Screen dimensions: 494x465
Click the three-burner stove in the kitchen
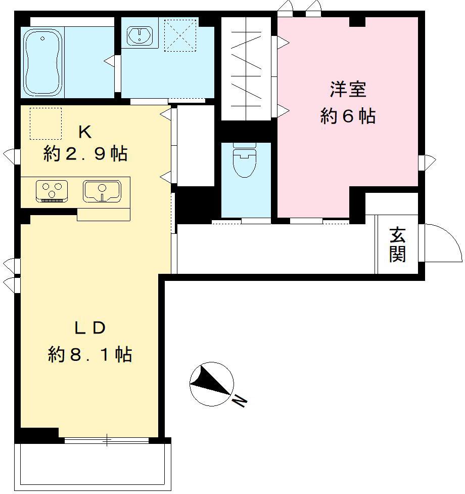pyautogui.click(x=52, y=191)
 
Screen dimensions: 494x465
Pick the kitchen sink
pyautogui.click(x=102, y=191)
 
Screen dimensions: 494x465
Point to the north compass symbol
pyautogui.click(x=211, y=384)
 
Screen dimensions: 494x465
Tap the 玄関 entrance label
pyautogui.click(x=397, y=245)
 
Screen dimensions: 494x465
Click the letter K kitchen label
pyautogui.click(x=84, y=132)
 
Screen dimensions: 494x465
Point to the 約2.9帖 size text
pyautogui.click(x=85, y=153)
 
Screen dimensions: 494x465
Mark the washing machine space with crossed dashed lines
pyautogui.click(x=180, y=35)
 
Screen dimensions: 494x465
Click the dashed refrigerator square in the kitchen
pyautogui.click(x=45, y=123)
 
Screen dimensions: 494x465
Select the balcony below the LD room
pyautogui.click(x=94, y=466)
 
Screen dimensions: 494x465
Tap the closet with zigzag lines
pyautogui.click(x=246, y=69)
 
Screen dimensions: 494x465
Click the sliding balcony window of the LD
pyautogui.click(x=107, y=440)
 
